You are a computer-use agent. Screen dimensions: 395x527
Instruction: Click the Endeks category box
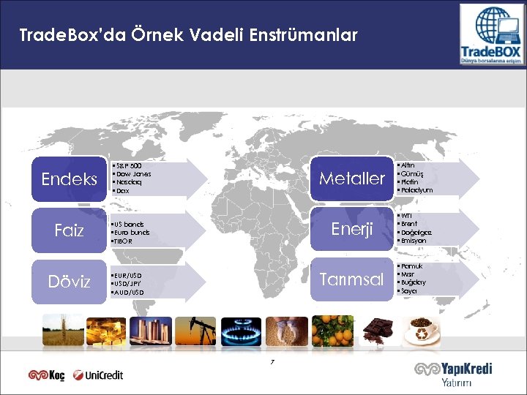coord(70,178)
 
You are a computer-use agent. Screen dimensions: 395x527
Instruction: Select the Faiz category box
coord(70,231)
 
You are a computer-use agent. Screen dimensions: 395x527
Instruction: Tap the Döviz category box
coord(70,282)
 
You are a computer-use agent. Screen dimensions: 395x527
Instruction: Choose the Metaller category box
coord(352,178)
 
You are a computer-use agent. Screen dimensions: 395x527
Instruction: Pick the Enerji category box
coord(352,230)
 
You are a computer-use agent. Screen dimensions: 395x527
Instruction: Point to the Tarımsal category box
coord(352,280)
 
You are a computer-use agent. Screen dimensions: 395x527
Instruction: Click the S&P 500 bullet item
coord(129,167)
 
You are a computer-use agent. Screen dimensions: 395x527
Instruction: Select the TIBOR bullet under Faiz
coord(124,241)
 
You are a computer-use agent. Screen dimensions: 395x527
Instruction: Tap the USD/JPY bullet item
coord(127,283)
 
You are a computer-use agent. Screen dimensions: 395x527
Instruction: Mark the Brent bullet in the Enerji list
coord(409,224)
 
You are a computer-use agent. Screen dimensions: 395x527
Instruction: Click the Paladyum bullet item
coord(416,190)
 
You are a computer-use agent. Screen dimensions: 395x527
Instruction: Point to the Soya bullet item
coord(408,291)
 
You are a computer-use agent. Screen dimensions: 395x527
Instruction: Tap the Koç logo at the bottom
coord(46,375)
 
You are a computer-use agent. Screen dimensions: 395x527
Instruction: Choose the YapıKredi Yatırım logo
coord(453,374)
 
